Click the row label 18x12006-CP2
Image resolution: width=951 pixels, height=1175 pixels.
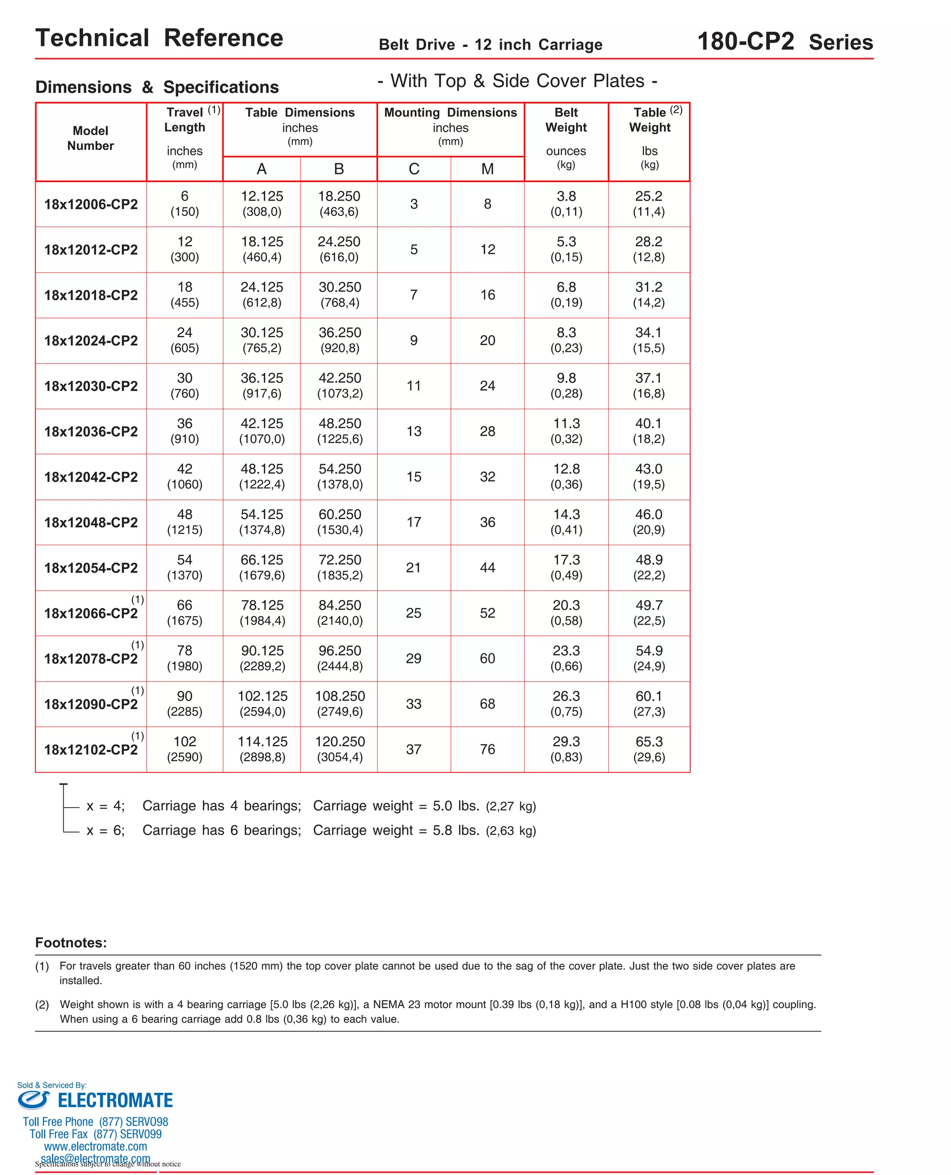91,204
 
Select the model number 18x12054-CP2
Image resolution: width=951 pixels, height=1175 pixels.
91,568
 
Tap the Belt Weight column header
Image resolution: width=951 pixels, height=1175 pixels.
566,120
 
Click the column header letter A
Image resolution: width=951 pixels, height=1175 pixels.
262,169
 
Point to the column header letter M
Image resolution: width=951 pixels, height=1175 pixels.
488,169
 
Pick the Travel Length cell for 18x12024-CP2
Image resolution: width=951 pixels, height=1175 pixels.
185,340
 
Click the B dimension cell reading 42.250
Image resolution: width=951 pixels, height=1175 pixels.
339,385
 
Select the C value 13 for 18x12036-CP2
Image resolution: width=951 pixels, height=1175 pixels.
414,431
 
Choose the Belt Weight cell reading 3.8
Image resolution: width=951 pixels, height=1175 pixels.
566,204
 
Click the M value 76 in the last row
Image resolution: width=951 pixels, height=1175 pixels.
488,750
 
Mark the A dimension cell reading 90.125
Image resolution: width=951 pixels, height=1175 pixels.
262,658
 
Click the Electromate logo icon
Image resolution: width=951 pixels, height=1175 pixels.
33,1099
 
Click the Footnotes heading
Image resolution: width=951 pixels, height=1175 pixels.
71,943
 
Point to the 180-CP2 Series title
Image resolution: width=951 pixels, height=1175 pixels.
785,42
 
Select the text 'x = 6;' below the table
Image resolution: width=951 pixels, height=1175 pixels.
106,830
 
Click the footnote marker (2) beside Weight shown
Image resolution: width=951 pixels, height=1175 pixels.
42,1005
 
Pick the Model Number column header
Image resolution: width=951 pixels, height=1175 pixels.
91,138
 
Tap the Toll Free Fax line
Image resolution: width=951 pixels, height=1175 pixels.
95,1134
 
